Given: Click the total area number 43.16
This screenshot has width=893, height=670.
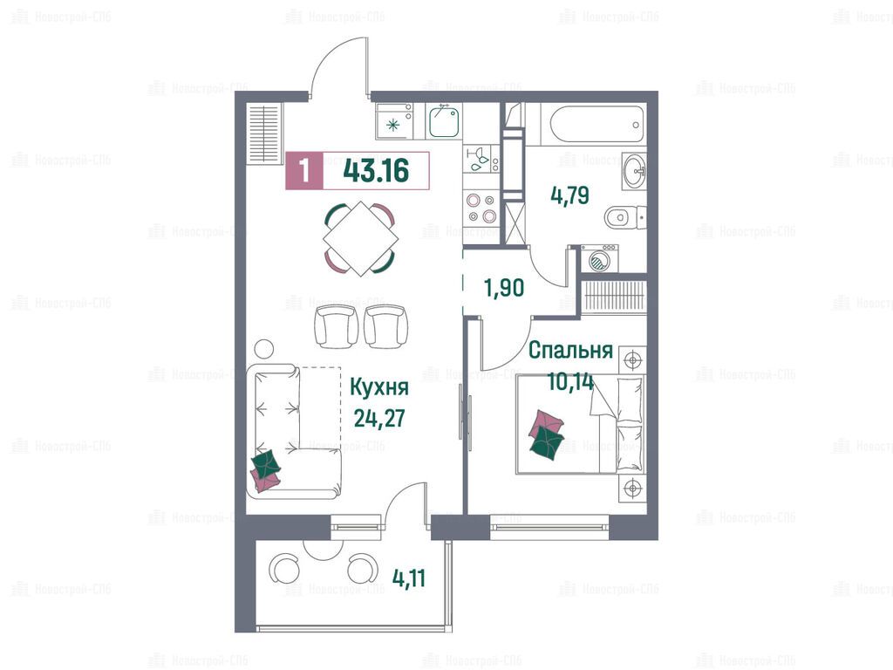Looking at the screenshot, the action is [x=377, y=170].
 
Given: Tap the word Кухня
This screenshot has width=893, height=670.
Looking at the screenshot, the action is [x=378, y=387].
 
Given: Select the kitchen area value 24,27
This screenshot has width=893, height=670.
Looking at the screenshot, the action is [x=379, y=418].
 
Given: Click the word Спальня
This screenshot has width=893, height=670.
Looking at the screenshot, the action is [x=570, y=351].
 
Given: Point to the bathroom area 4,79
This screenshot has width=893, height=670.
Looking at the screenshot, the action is [x=569, y=195].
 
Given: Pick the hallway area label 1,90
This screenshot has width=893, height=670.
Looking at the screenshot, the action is [x=504, y=288].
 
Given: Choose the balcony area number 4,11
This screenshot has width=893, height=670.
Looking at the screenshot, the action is [x=409, y=579].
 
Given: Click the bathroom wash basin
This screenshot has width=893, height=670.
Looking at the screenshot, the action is [x=633, y=169].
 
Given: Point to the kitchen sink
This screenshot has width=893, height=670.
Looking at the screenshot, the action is [x=444, y=121].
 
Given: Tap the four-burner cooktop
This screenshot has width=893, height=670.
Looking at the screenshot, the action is [x=481, y=208].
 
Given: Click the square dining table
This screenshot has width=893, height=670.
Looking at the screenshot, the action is [x=359, y=238].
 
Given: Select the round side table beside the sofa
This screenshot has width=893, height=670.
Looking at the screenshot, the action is [x=263, y=348].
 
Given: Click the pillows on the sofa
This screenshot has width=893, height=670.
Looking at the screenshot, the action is [x=266, y=470].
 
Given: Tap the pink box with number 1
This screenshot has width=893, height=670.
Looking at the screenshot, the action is [x=304, y=171].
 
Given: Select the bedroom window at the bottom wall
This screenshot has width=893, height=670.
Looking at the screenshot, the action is [x=549, y=526].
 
